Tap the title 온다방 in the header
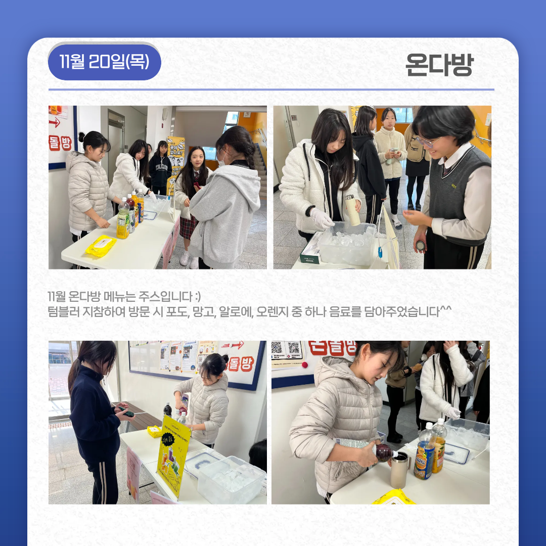pyautogui.click(x=439, y=65)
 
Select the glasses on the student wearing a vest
pyautogui.click(x=426, y=142)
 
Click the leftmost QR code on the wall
pyautogui.click(x=277, y=348)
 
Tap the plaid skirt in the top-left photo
pyautogui.click(x=188, y=227)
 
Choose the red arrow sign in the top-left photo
pyautogui.click(x=55, y=122)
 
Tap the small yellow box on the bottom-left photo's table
pyautogui.click(x=154, y=431)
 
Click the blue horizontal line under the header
pyautogui.click(x=271, y=89)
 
